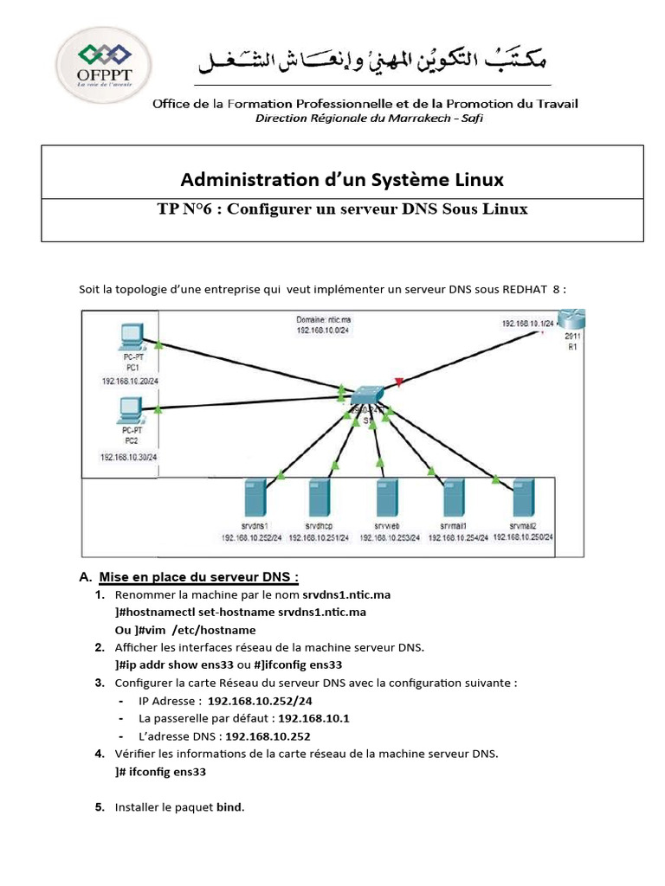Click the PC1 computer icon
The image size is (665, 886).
pos(132,337)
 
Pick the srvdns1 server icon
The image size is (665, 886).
pos(255,498)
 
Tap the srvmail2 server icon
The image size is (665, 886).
pos(523,498)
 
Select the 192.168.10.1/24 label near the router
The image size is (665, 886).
pos(528,323)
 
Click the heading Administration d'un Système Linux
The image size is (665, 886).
pos(341,180)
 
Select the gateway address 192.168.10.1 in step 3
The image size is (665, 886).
pos(314,718)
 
